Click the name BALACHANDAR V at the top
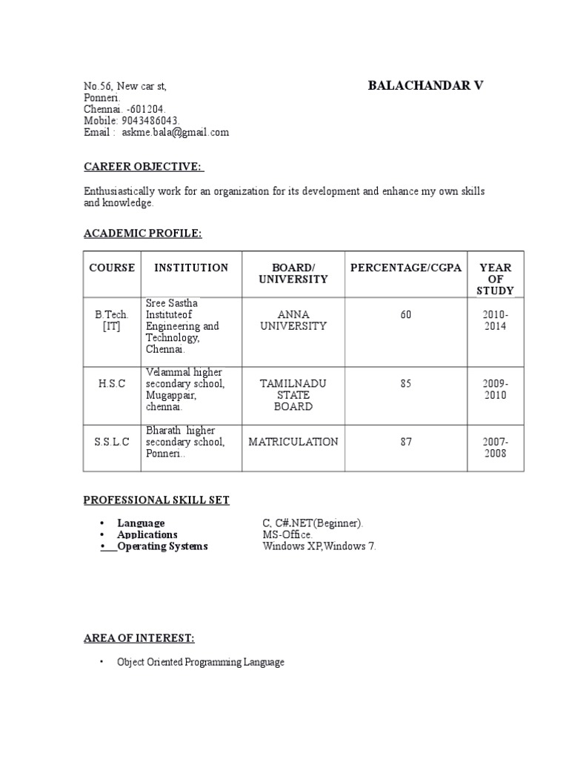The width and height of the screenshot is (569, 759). (425, 86)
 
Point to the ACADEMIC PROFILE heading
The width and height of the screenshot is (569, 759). (142, 234)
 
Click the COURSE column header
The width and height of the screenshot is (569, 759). (112, 268)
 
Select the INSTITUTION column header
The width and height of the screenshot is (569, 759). (191, 268)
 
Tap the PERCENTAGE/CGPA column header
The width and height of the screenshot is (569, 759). (405, 268)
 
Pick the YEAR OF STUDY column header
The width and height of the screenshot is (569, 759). (496, 279)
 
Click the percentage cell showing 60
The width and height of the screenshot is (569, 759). (405, 315)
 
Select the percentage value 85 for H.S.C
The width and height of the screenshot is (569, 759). (405, 384)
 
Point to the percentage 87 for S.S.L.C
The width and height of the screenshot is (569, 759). (405, 442)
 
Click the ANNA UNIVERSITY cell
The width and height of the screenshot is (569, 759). (293, 320)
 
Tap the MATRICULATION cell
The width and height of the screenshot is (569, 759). (293, 442)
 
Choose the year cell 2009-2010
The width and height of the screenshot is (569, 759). (496, 390)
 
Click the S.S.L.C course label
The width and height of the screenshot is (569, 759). (112, 442)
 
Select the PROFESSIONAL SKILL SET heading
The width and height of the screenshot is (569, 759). (156, 500)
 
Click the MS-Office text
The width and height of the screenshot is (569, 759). (287, 534)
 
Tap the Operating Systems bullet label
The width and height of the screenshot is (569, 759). (163, 546)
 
